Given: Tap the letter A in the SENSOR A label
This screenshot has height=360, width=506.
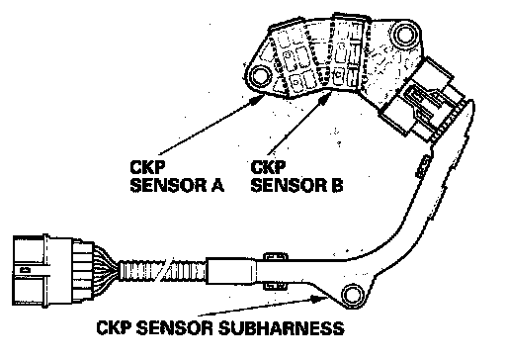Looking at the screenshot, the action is (217, 185).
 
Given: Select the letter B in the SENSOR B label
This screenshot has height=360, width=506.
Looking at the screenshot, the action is (337, 185).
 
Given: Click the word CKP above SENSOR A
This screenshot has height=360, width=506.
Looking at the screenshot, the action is (147, 167).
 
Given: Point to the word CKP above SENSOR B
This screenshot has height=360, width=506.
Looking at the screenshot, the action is (268, 167).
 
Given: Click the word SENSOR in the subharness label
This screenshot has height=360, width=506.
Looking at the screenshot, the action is (175, 328).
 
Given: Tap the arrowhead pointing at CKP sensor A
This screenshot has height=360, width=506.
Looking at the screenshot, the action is (258, 99).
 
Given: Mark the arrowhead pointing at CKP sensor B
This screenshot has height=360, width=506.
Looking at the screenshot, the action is (326, 98).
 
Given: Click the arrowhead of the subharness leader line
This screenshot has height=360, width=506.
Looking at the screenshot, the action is (318, 299).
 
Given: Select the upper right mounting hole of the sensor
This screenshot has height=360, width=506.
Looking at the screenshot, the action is (405, 35).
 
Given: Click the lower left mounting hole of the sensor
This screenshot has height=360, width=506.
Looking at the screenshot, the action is (260, 76).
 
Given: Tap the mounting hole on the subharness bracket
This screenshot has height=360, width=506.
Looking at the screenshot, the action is (353, 295).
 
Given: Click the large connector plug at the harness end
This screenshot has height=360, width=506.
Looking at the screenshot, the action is (52, 271).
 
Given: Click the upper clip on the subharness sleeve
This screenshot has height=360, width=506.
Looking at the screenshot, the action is (275, 256).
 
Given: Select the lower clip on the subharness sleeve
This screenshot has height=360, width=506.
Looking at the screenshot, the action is (275, 286).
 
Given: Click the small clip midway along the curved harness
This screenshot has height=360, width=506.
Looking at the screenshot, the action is (423, 166).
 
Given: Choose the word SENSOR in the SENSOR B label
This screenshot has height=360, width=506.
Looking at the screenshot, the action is (289, 185).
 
